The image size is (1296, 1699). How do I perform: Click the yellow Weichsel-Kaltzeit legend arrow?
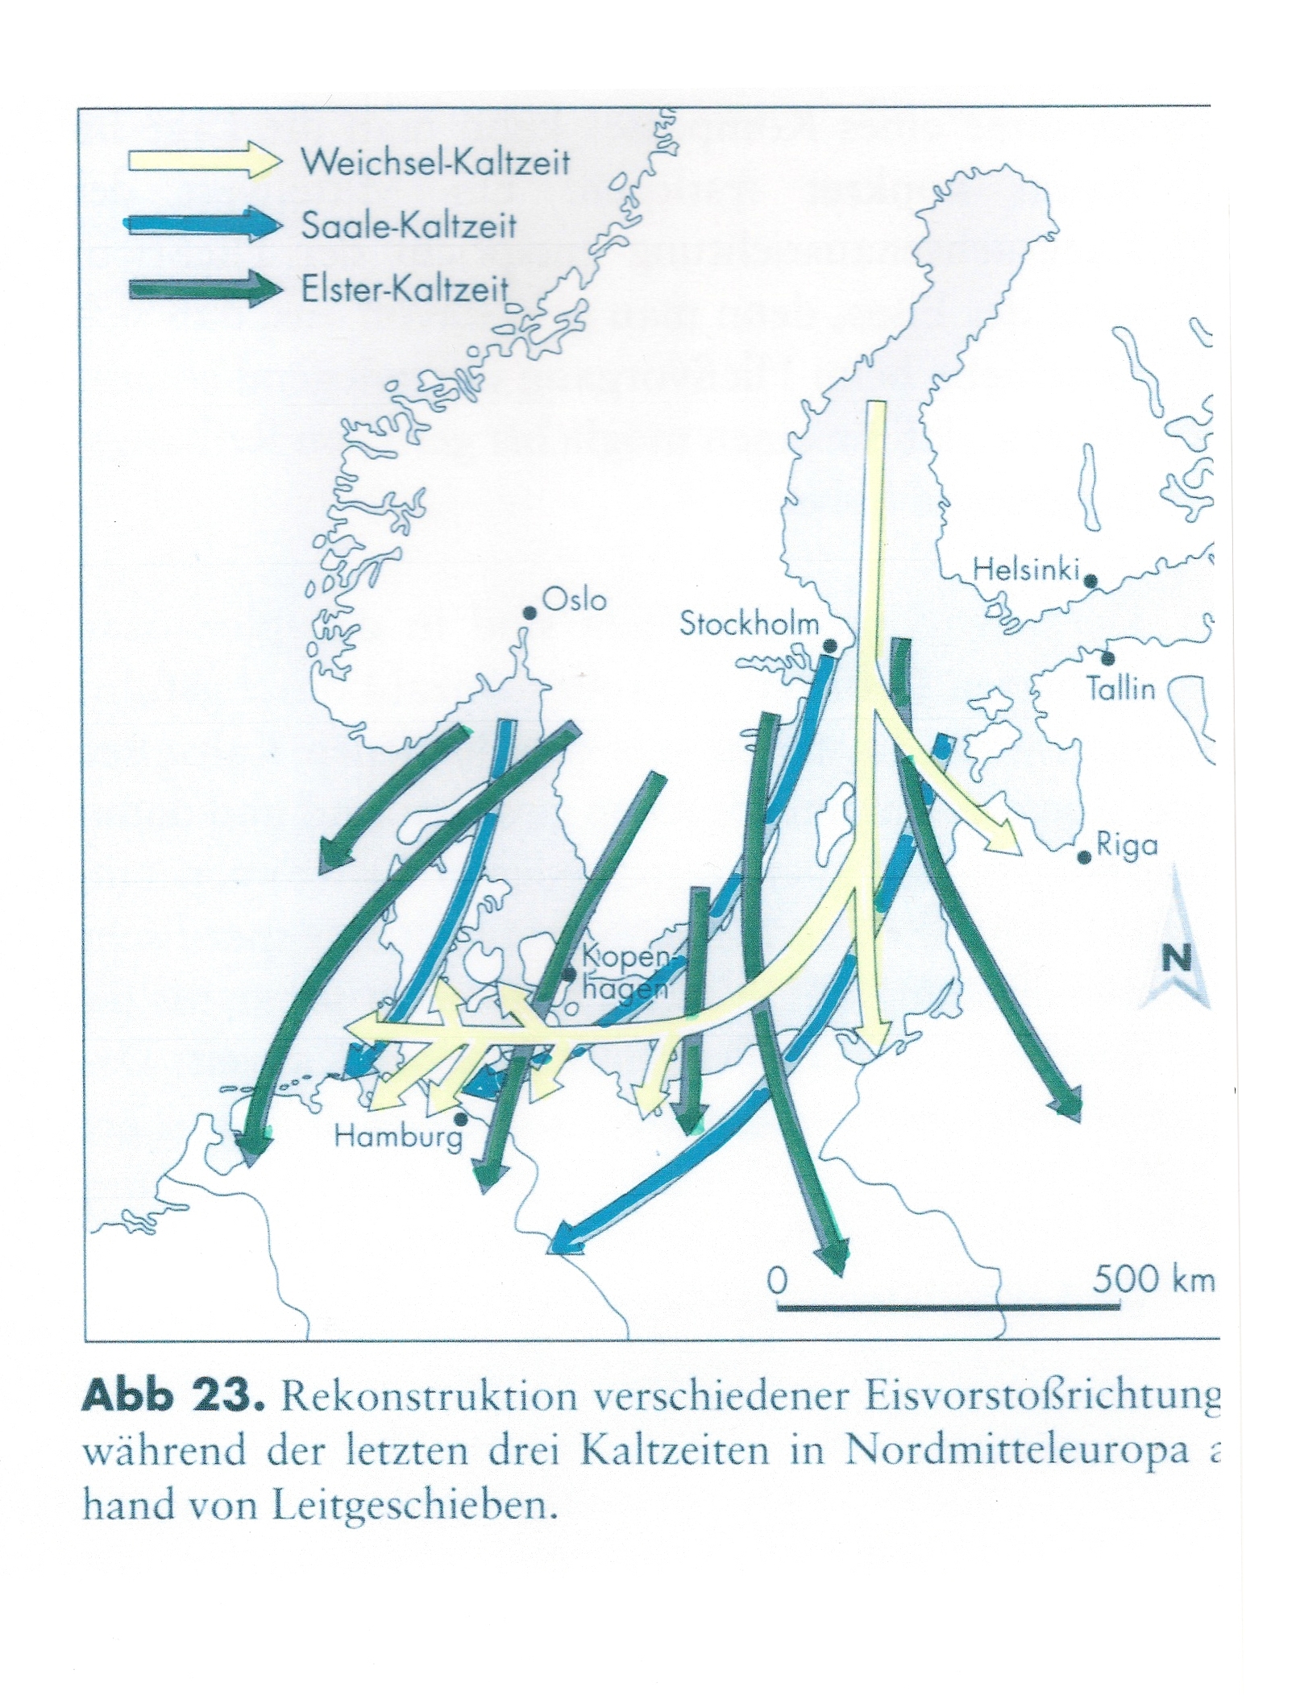[x=206, y=161]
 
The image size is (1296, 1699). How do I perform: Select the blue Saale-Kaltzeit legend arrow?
[x=206, y=225]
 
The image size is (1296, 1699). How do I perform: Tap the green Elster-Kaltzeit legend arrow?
[x=206, y=289]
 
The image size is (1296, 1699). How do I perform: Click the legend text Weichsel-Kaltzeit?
[x=435, y=162]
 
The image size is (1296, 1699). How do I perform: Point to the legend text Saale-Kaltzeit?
[x=409, y=226]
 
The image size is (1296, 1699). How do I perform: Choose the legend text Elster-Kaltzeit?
[x=405, y=289]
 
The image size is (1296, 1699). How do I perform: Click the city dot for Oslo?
[x=530, y=613]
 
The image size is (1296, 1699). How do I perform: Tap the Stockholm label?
[x=749, y=624]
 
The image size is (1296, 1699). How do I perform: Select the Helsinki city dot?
[x=1090, y=580]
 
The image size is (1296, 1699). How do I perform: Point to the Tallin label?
[x=1121, y=689]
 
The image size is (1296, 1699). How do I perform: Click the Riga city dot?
[x=1085, y=858]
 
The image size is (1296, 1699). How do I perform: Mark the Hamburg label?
[x=399, y=1137]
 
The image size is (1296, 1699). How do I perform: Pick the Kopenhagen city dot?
[x=569, y=975]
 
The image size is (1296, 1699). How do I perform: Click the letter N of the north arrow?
[x=1176, y=959]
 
